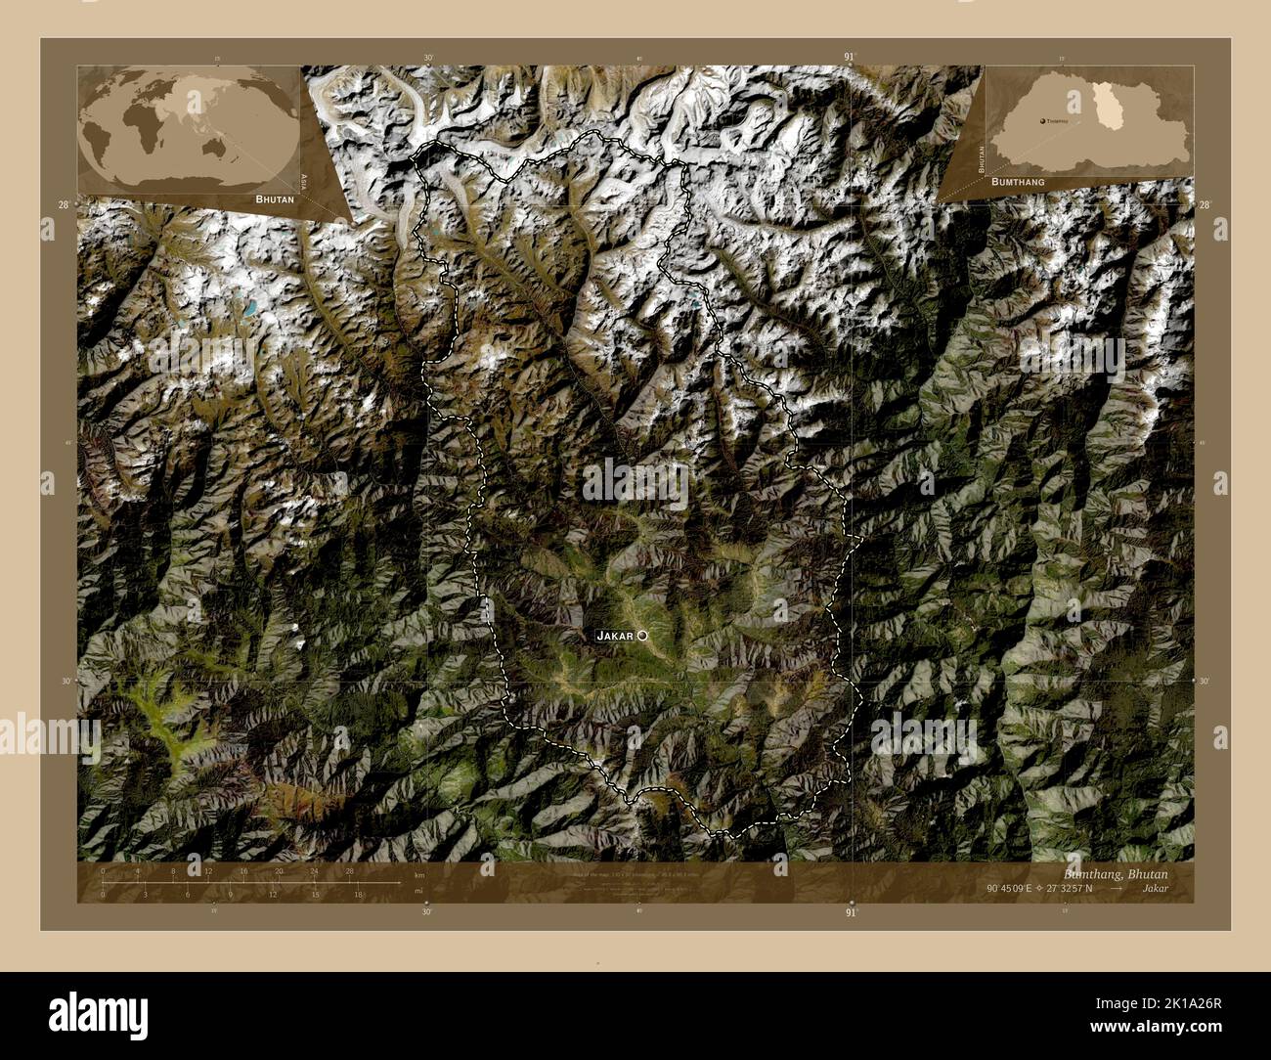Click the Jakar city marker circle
(642, 636)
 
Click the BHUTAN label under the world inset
(274, 198)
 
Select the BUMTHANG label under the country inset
(1018, 182)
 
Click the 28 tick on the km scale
(349, 870)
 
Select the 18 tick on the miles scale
(359, 894)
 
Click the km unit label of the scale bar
(419, 874)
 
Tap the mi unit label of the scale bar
(418, 891)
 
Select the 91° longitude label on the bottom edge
(851, 911)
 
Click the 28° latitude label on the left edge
(64, 204)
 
